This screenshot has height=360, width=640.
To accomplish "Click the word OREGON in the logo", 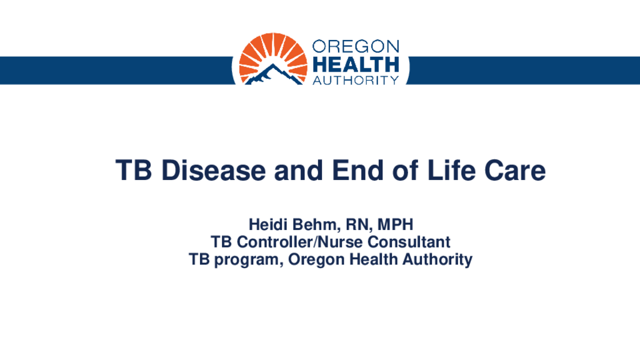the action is pos(356,46).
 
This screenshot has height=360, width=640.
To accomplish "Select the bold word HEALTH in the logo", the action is pos(356,64).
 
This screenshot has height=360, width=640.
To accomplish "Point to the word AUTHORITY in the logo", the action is pos(356,80).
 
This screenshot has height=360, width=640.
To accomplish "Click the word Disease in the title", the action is pos(214,170).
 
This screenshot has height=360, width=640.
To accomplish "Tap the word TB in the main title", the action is pos(134,170).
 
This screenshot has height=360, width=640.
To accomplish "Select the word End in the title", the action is pos(357,170).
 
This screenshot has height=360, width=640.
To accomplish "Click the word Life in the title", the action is pos(451,170).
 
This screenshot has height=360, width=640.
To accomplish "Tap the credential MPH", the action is pos(395,224).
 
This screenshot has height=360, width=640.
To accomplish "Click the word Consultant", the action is pos(409,242).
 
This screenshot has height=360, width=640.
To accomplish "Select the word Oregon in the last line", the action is pos(316,260).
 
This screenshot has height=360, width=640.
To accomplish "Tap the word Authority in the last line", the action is pos(437,260).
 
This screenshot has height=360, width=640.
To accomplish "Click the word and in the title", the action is pos(299,170).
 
